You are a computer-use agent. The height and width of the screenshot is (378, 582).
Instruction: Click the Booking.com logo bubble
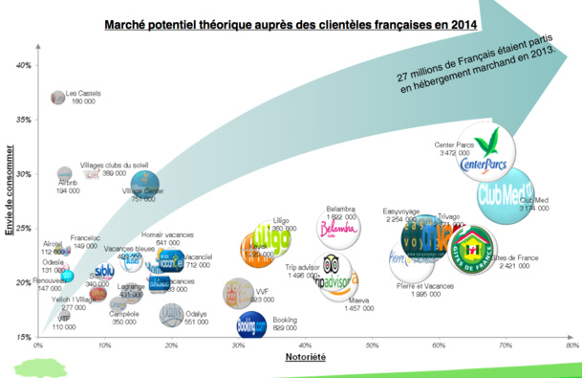tap(251, 324)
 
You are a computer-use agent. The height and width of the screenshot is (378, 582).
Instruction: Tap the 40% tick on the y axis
tap(24, 65)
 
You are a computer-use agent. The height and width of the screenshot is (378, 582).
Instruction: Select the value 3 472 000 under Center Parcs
tap(454, 153)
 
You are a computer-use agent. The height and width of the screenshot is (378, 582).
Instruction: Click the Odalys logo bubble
tap(171, 314)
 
